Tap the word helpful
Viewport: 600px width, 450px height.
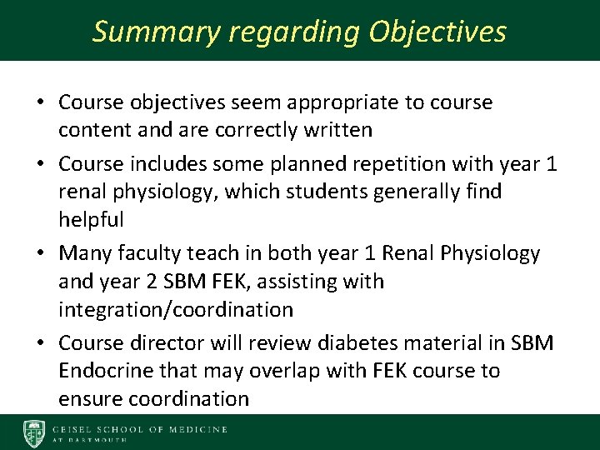tap(92, 220)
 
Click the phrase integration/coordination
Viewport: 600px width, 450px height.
tap(176, 310)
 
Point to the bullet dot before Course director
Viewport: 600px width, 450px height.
tap(40, 343)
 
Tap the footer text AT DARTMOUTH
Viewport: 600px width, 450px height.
tap(90, 440)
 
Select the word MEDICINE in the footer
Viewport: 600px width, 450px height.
tap(196, 429)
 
